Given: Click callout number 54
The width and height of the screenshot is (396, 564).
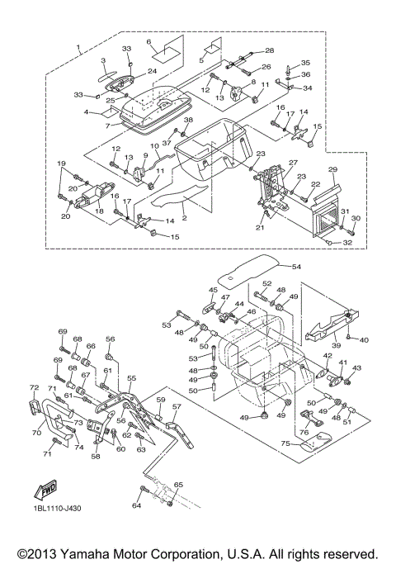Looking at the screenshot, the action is click(296, 267).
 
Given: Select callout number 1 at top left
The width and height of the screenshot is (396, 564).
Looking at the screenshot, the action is click(78, 47).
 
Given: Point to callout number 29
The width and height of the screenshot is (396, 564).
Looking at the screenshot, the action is click(333, 169).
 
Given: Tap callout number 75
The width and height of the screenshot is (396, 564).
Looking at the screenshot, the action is click(285, 444).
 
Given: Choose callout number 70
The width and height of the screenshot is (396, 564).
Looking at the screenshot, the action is click(36, 433).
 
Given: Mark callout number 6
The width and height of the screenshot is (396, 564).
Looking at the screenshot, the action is click(148, 41).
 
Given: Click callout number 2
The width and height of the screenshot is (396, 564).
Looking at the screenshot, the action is click(184, 217).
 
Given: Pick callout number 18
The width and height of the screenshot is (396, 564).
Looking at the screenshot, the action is click(99, 211).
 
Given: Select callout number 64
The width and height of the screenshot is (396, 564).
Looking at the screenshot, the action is click(137, 505).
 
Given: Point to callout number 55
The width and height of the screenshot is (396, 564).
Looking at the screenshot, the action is click(132, 378).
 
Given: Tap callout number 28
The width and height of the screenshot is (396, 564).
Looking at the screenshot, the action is click(270, 50).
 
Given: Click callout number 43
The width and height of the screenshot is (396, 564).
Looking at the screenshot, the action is click(357, 368).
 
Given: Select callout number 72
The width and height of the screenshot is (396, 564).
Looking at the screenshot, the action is click(34, 387).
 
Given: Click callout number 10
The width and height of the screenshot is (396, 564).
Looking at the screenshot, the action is click(154, 146).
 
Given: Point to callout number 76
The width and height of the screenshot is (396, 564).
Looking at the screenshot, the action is click(304, 432).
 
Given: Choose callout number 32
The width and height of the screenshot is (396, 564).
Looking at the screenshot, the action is click(347, 243).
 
